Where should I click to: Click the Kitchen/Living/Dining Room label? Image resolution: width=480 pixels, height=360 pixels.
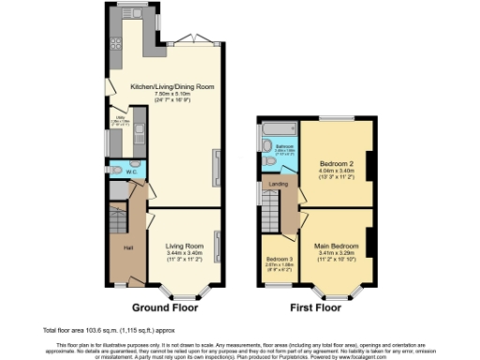click(172, 86)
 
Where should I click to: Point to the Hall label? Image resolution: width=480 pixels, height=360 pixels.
click(127, 247)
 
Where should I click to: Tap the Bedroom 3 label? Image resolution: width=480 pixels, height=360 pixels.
click(278, 260)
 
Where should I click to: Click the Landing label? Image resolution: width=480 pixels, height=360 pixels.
click(279, 185)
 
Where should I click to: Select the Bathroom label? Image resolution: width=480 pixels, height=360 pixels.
click(284, 145)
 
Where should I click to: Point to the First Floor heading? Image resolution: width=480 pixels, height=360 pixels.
click(315, 307)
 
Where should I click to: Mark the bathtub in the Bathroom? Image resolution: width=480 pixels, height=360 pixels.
click(279, 127)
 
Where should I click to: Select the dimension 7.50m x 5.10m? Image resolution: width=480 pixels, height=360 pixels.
click(172, 93)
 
